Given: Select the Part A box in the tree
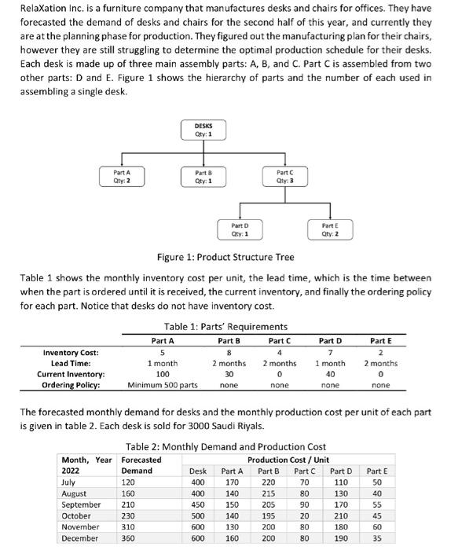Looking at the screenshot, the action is click(x=122, y=175).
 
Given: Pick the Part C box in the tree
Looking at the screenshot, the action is click(x=285, y=175).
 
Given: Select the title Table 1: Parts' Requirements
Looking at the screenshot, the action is click(x=225, y=326).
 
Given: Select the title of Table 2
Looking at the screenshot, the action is click(x=225, y=446).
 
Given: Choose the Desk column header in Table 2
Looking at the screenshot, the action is click(x=199, y=471).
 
